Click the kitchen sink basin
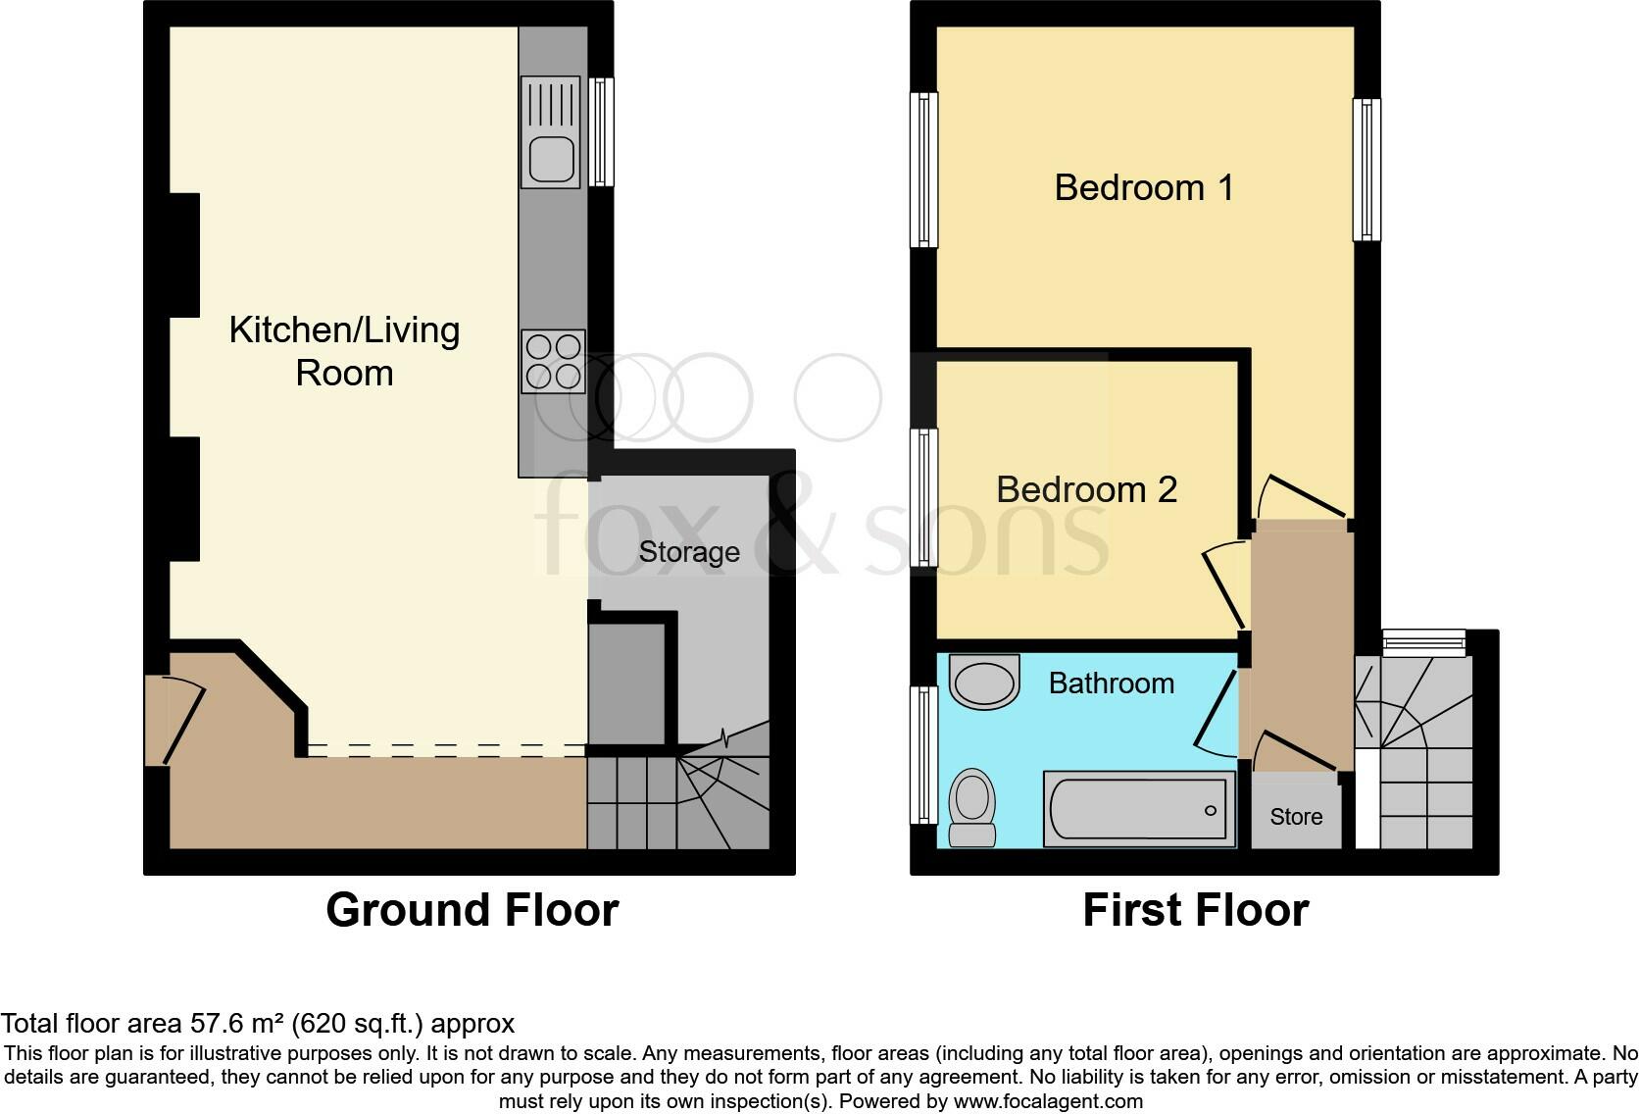click(551, 159)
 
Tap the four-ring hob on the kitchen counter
click(554, 361)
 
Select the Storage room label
click(689, 552)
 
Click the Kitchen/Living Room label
click(344, 351)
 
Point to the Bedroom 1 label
click(1143, 187)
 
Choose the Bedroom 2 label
click(1086, 489)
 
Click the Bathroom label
click(1111, 684)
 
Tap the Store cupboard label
click(1296, 817)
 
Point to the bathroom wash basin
click(985, 682)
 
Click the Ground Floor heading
click(472, 910)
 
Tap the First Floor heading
click(1195, 910)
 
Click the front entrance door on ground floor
click(182, 724)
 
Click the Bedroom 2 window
click(923, 497)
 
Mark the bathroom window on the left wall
click(923, 754)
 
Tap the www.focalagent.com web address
click(1048, 1101)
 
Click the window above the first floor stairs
click(1424, 642)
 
